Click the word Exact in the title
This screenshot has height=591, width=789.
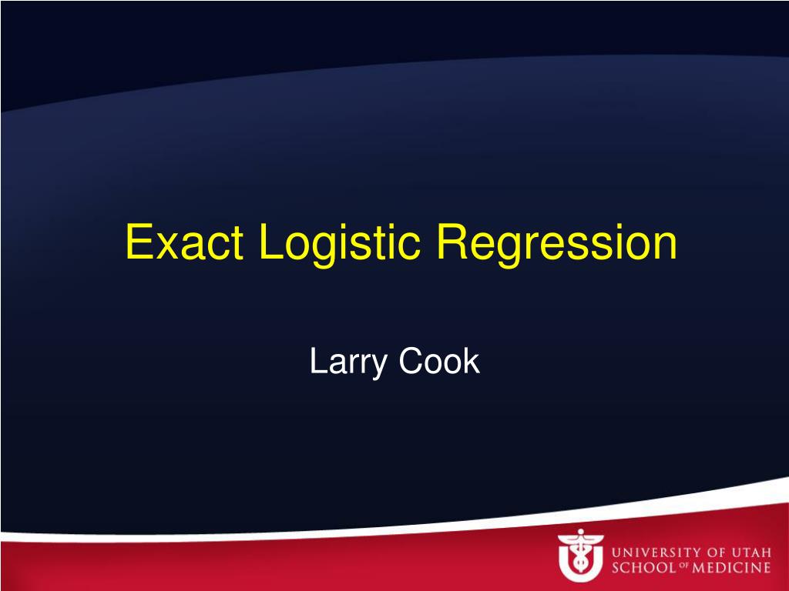pos(185,242)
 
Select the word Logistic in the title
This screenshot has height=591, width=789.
pos(340,245)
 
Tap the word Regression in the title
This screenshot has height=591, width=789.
pos(556,245)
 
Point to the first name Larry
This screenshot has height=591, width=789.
pos(348,362)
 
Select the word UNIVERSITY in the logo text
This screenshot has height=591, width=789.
pos(655,553)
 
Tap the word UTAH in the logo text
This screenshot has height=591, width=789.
pos(751,553)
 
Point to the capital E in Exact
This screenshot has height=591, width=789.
pos(139,242)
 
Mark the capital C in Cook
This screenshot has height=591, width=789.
pos(411,360)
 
